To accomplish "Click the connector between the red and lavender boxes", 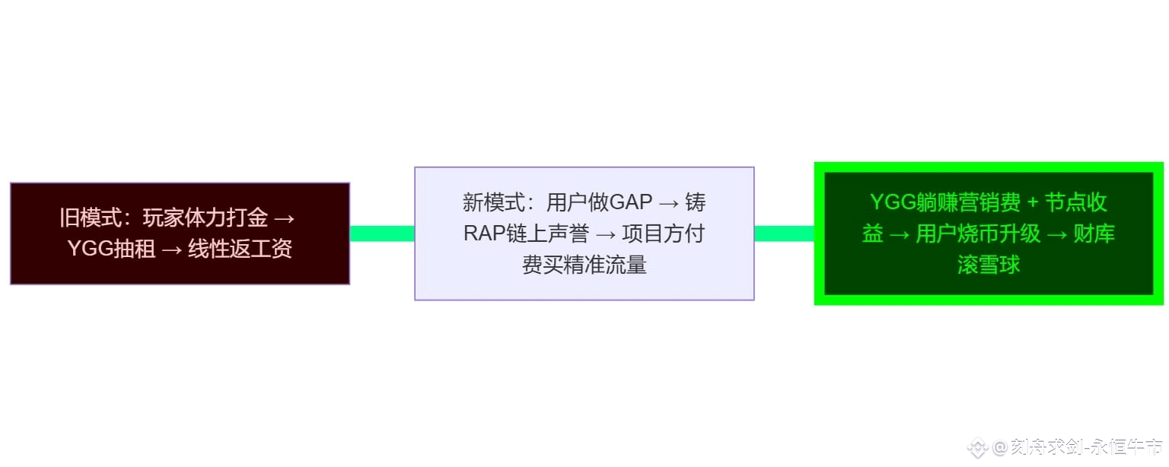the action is point(382,233).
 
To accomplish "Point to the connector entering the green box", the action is point(784,233).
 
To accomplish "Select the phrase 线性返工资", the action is point(240,249).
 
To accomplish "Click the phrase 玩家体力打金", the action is point(205,218).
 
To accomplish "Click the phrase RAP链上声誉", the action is point(526,233).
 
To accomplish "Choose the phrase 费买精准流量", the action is point(584,265).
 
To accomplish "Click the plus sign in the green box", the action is point(1032,202).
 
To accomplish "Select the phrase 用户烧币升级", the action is point(978,233).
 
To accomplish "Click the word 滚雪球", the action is point(989,265).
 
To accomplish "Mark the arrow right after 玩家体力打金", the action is point(283,218).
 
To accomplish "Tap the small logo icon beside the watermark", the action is point(978,447).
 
